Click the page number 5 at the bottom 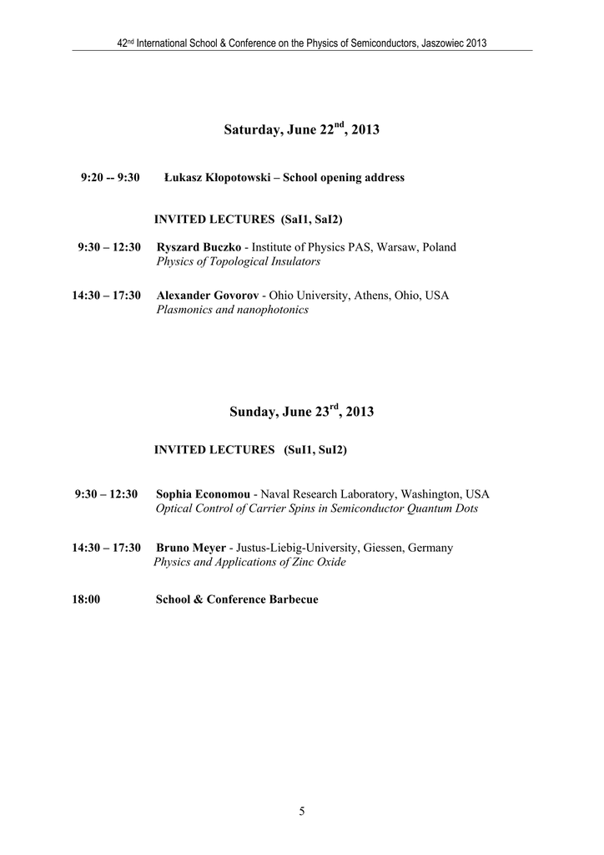(302, 811)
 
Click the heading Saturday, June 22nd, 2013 (301, 129)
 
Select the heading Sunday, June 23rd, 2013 (301, 412)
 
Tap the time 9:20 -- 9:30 (110, 178)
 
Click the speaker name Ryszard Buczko (199, 247)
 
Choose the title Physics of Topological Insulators (238, 261)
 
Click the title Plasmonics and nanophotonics (232, 310)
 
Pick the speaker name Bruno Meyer (191, 548)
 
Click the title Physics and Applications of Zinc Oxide (249, 562)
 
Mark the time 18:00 (87, 600)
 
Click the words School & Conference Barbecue (237, 600)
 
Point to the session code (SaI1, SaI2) (313, 220)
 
